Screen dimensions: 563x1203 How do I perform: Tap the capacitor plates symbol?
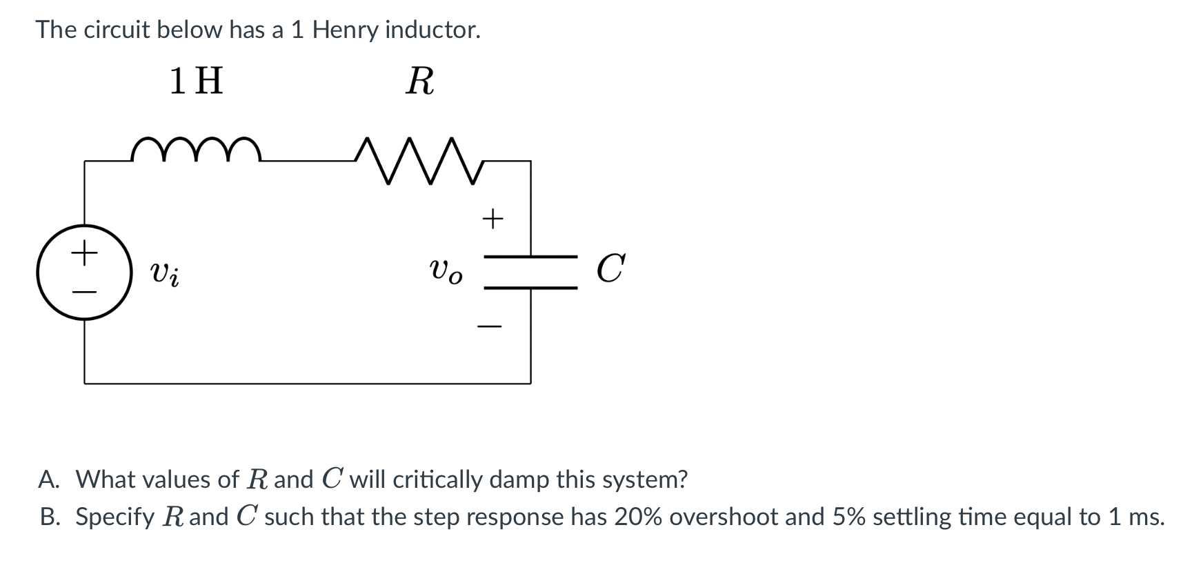pyautogui.click(x=530, y=272)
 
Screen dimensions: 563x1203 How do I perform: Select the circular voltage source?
pyautogui.click(x=84, y=272)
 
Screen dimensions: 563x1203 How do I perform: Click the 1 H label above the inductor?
pyautogui.click(x=197, y=81)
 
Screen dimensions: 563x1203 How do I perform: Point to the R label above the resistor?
pyautogui.click(x=420, y=81)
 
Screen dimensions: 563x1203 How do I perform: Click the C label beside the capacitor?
pyautogui.click(x=611, y=268)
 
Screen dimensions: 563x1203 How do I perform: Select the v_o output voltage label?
pyautogui.click(x=446, y=270)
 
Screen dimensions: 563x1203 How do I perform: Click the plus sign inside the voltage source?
pyautogui.click(x=84, y=253)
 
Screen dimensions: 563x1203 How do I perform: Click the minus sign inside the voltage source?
pyautogui.click(x=84, y=292)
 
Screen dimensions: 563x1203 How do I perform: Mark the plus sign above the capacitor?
pyautogui.click(x=493, y=219)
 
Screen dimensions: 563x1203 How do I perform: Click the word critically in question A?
pyautogui.click(x=437, y=479)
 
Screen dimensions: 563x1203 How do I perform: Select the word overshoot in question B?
pyautogui.click(x=724, y=516)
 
